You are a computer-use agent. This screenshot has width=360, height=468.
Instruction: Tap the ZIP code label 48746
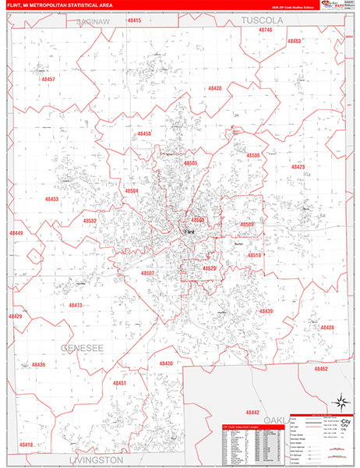click(x=266, y=29)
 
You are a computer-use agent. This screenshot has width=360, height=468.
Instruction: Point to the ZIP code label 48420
click(x=215, y=88)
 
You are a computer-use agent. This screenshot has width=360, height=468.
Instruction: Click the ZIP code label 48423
click(x=298, y=166)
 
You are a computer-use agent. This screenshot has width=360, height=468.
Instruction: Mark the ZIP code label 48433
click(x=51, y=199)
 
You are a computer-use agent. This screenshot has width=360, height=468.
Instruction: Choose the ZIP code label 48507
click(x=148, y=273)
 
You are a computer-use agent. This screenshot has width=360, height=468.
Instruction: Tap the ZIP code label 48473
click(x=75, y=305)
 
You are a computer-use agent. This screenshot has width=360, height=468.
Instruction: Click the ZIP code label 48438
click(x=326, y=327)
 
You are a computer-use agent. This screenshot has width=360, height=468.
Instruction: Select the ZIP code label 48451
click(x=118, y=383)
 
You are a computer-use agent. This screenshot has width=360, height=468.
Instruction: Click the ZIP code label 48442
click(x=252, y=411)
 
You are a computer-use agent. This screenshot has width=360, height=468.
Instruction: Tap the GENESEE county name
click(x=78, y=348)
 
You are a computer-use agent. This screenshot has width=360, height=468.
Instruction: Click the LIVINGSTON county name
click(x=90, y=460)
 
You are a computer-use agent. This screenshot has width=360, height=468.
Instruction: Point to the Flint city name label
click(x=189, y=232)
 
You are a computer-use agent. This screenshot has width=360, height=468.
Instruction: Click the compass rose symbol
click(x=341, y=403)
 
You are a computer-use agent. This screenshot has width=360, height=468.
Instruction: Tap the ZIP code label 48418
click(x=26, y=445)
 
